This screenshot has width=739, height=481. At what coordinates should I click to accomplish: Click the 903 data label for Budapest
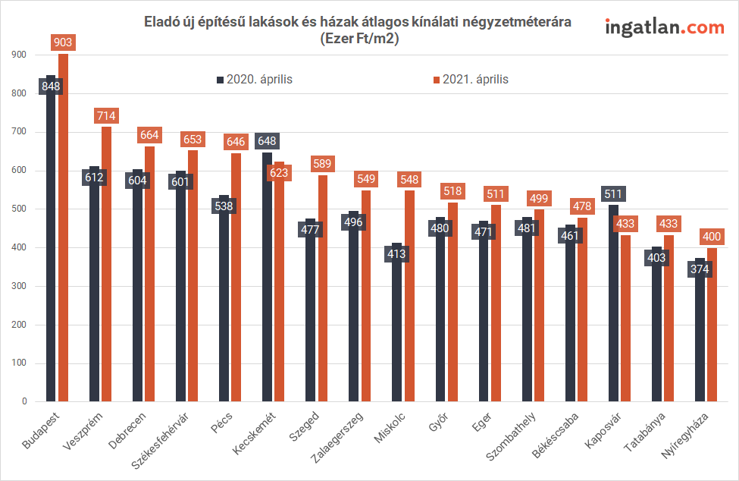pyautogui.click(x=63, y=42)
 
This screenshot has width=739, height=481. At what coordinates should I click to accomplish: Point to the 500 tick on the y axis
pyautogui.click(x=20, y=209)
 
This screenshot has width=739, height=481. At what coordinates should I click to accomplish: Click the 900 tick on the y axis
pyautogui.click(x=20, y=55)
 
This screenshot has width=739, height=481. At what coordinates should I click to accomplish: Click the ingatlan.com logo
pyautogui.click(x=665, y=28)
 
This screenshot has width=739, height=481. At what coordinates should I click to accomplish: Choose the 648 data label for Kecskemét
pyautogui.click(x=267, y=140)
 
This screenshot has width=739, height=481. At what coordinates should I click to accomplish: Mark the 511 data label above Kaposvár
pyautogui.click(x=612, y=193)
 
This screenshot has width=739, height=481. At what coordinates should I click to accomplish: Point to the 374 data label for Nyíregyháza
pyautogui.click(x=700, y=269)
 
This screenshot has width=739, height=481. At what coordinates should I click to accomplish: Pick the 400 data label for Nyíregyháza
pyautogui.click(x=712, y=237)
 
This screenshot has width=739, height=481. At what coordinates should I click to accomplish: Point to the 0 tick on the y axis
pyautogui.click(x=24, y=402)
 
